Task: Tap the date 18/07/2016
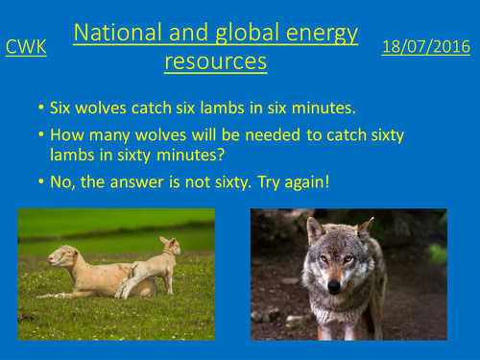(x=420, y=46)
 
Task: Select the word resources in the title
(x=216, y=62)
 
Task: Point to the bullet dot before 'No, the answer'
(x=38, y=180)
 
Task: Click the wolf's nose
(x=334, y=286)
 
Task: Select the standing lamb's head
(x=169, y=245)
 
